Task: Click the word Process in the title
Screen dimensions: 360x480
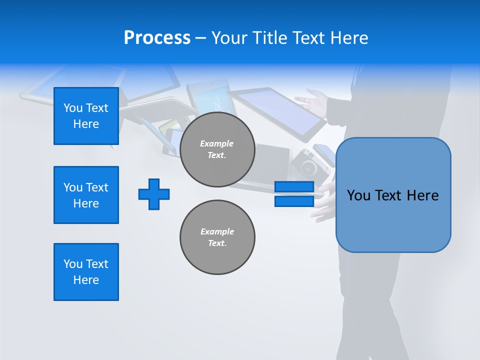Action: point(157,38)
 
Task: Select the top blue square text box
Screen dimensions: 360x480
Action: point(86,116)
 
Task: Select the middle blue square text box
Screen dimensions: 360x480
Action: point(86,195)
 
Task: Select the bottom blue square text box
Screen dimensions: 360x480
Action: point(86,272)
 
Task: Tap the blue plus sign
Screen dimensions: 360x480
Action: point(154,194)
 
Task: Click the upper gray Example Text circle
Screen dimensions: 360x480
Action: point(217,149)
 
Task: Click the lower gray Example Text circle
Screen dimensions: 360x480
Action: point(217,237)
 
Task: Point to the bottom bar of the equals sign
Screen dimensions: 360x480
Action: point(294,201)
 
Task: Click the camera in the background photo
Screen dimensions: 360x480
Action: point(304,162)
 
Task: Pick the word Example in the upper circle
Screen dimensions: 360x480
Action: point(217,143)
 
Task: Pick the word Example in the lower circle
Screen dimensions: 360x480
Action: point(217,231)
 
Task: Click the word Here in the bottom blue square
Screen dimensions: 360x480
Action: point(86,280)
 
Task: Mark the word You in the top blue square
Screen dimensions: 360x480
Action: point(73,108)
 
